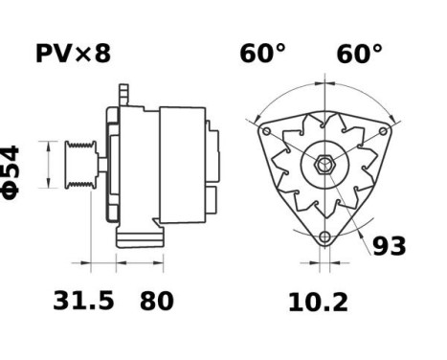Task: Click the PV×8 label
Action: [73, 54]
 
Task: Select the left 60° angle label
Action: [262, 54]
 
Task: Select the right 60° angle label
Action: [359, 54]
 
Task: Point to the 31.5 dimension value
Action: [83, 302]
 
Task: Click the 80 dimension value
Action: [157, 302]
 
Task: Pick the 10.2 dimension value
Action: [318, 303]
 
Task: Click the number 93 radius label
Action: [389, 246]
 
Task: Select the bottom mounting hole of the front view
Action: [325, 236]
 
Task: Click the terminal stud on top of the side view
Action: [123, 94]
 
